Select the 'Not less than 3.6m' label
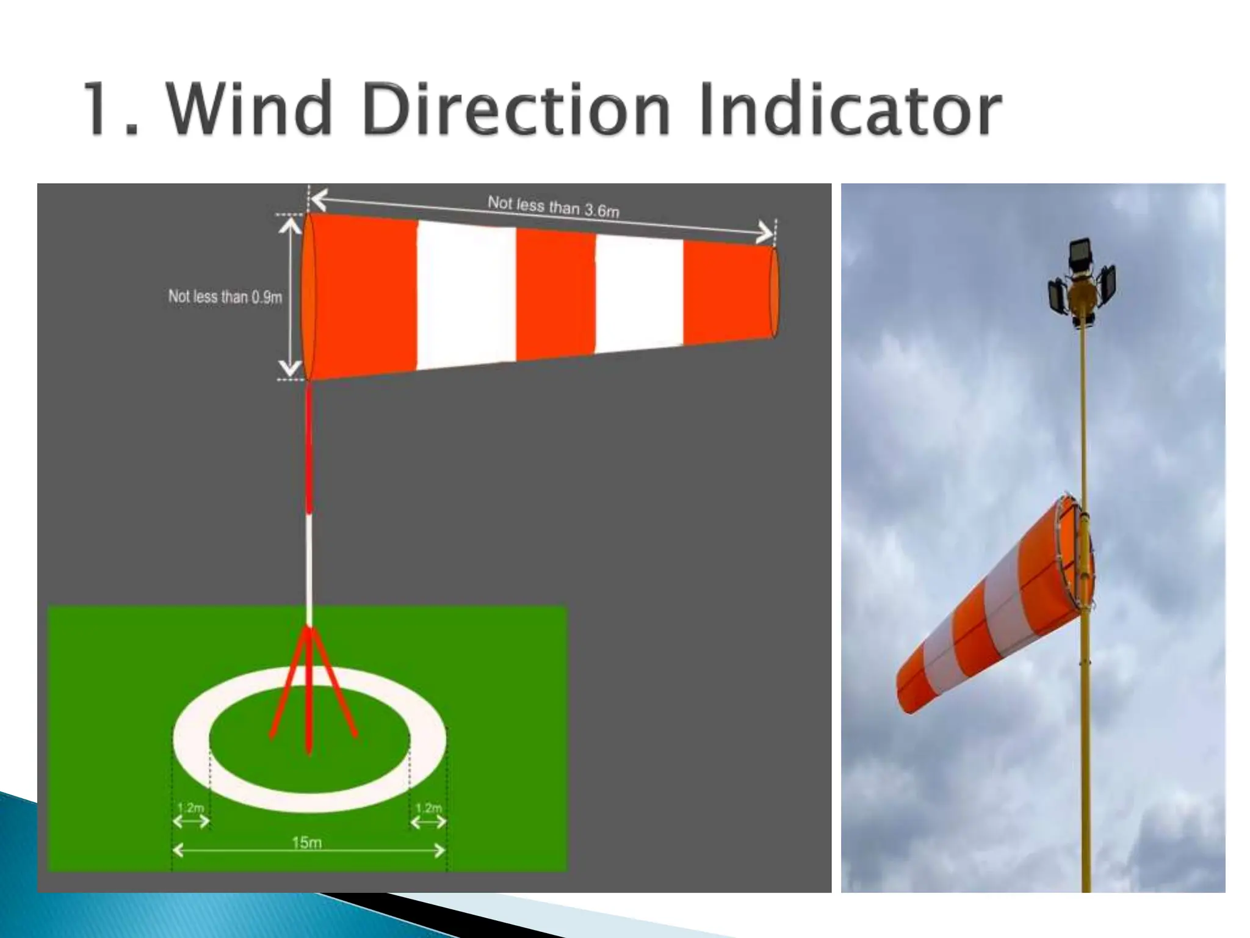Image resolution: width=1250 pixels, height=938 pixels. (553, 206)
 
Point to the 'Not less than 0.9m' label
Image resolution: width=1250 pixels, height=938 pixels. (225, 297)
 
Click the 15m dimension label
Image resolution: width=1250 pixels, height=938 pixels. (307, 843)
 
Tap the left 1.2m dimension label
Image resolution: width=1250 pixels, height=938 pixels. (190, 808)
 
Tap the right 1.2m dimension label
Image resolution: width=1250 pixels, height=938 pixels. (428, 808)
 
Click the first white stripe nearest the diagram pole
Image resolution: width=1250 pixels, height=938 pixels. (467, 296)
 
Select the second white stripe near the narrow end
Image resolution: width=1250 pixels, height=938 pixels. (639, 293)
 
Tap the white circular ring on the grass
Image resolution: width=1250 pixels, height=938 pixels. (189, 739)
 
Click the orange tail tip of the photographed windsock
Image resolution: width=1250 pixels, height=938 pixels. (909, 687)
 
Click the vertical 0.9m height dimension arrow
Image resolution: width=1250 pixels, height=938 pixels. (291, 297)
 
